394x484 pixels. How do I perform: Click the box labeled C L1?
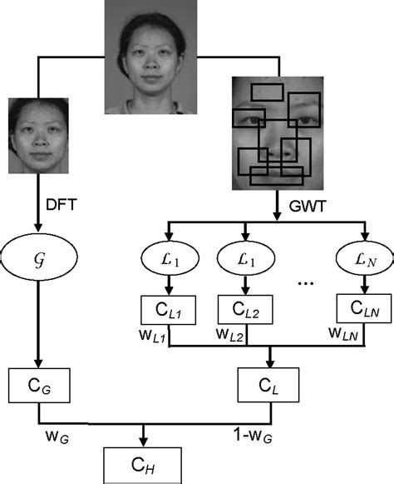point(170,311)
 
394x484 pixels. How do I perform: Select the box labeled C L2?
point(246,311)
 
